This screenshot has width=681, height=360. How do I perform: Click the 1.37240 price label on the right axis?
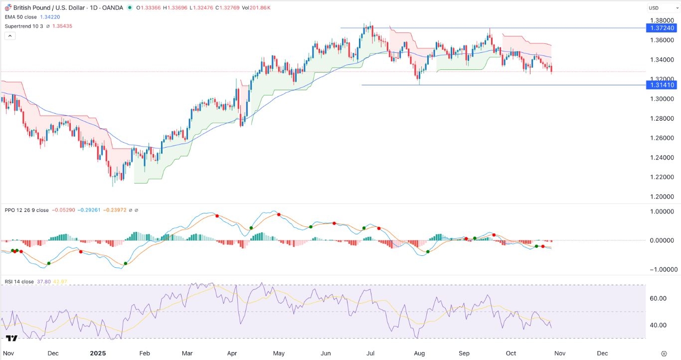click(x=661, y=28)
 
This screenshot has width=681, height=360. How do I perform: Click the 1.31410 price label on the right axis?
click(x=661, y=85)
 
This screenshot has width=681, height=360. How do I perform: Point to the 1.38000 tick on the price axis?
click(x=661, y=20)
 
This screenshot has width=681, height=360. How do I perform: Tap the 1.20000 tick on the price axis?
click(x=661, y=196)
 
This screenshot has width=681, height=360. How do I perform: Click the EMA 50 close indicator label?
click(x=23, y=16)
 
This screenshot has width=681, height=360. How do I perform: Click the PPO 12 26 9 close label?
click(x=27, y=210)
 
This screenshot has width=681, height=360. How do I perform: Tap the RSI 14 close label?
click(x=19, y=282)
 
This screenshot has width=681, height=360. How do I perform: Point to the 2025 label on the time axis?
click(x=98, y=353)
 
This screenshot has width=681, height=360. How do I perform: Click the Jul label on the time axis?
click(x=370, y=353)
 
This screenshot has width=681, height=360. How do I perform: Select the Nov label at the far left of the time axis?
click(x=8, y=353)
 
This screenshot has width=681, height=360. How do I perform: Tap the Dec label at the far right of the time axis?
click(x=602, y=353)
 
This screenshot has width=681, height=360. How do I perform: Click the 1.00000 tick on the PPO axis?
click(x=661, y=211)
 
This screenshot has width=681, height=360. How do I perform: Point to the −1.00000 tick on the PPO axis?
click(x=661, y=269)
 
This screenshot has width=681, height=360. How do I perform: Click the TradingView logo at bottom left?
click(x=12, y=339)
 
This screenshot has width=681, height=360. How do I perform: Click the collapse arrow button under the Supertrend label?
click(x=9, y=36)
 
